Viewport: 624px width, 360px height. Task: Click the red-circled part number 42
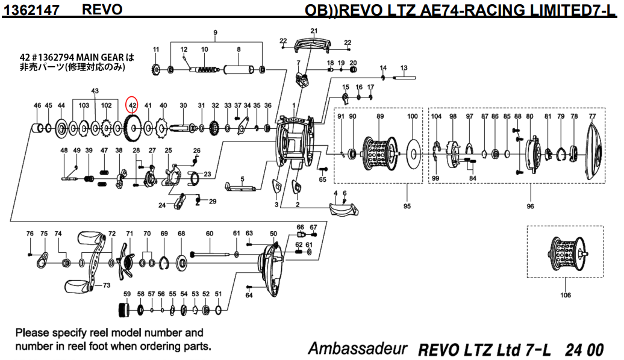[132, 105]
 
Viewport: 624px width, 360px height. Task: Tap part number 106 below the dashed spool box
[565, 295]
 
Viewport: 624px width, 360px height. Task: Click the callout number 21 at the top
[314, 31]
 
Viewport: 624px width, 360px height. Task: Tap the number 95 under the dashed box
[407, 206]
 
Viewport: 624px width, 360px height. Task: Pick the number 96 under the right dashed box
[530, 206]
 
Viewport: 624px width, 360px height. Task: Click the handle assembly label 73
[107, 285]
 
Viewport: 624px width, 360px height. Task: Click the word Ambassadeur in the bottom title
[358, 349]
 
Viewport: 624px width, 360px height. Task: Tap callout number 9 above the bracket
[215, 32]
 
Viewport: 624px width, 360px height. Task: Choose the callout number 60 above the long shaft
[210, 234]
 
